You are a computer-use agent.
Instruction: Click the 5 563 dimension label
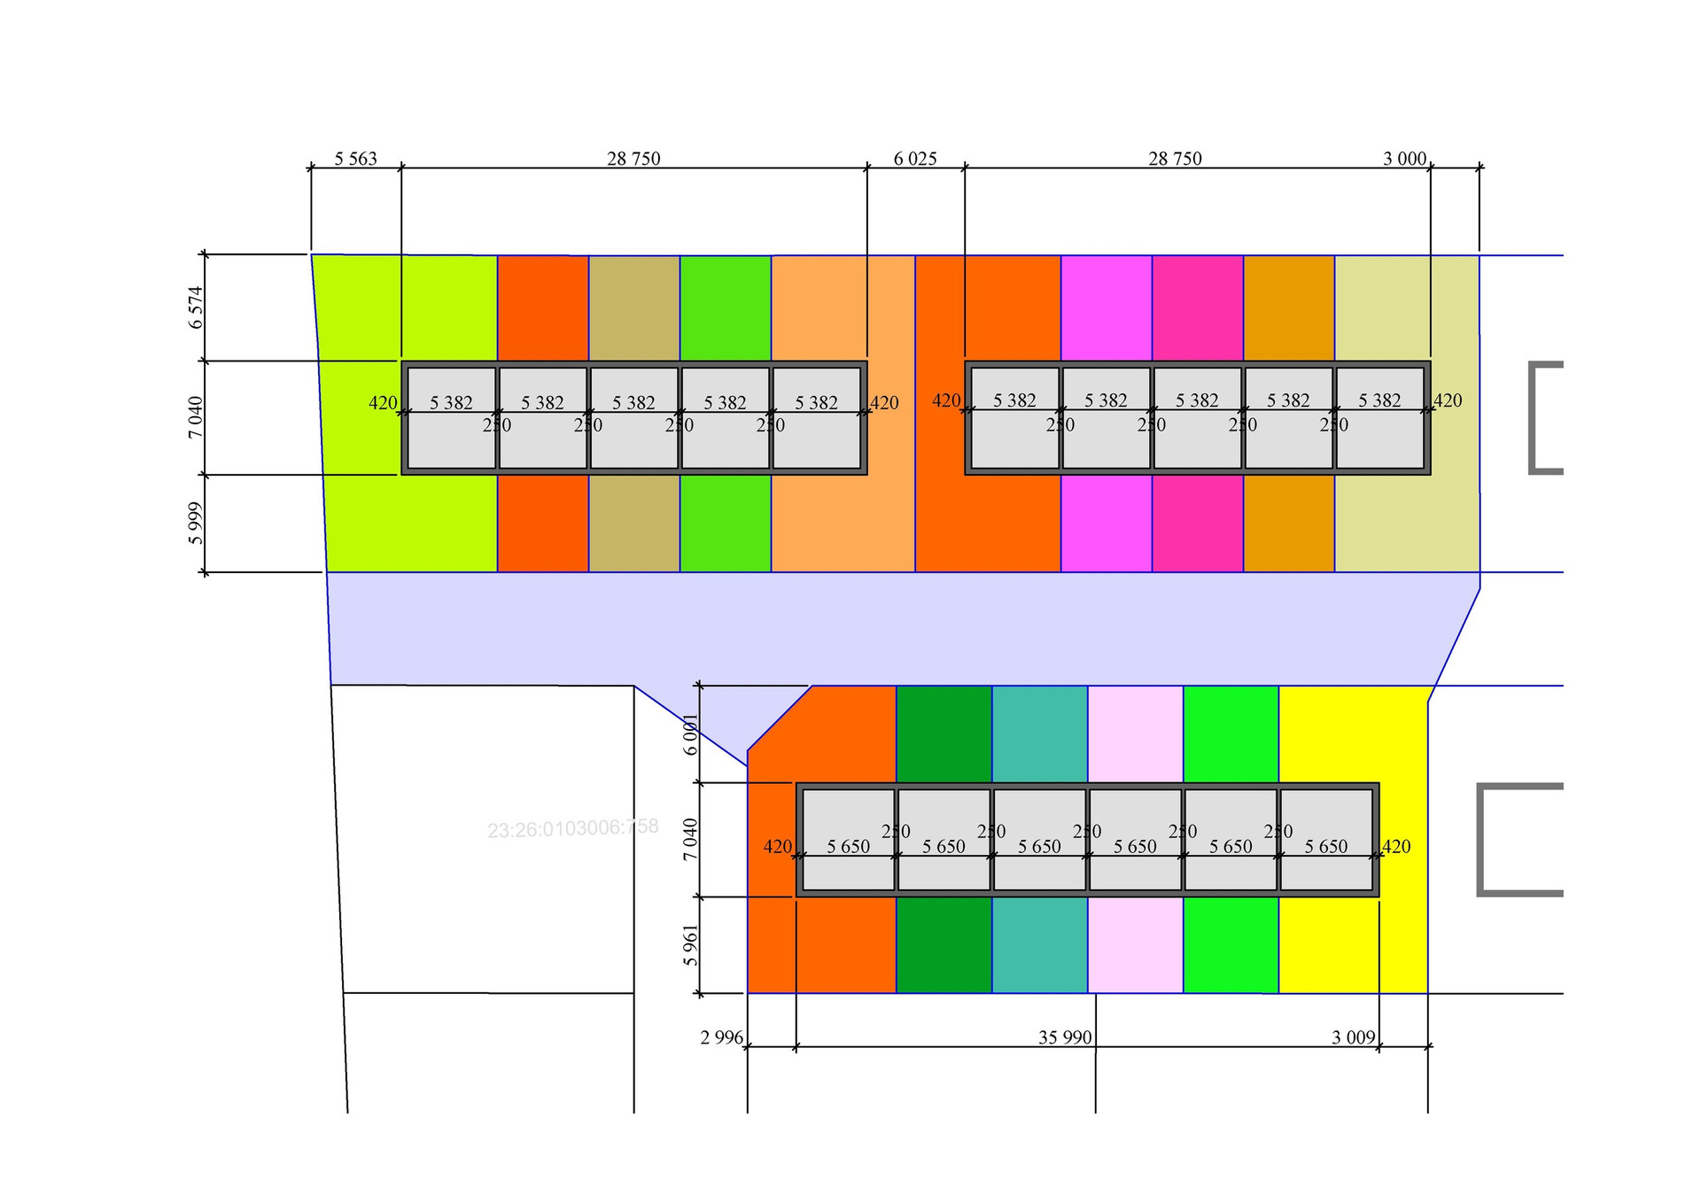(355, 159)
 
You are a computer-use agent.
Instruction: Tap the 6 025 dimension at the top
(914, 159)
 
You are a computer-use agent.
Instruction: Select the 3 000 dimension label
(1404, 159)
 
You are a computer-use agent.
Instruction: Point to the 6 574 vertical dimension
(196, 307)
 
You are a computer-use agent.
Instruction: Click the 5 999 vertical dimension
(196, 523)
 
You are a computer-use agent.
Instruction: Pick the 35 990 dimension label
(1064, 1037)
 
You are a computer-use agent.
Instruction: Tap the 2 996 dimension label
(721, 1037)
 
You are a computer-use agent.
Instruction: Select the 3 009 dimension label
(1353, 1037)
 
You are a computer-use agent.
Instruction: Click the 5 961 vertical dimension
(691, 945)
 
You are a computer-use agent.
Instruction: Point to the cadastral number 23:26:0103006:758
(573, 828)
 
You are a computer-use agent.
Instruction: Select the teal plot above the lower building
(1039, 733)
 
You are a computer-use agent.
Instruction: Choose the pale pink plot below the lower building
(1135, 944)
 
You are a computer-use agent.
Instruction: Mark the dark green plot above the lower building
(944, 733)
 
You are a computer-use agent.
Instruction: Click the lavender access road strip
(886, 627)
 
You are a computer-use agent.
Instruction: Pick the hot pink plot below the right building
(1197, 523)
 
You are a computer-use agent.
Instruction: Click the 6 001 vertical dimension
(691, 733)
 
